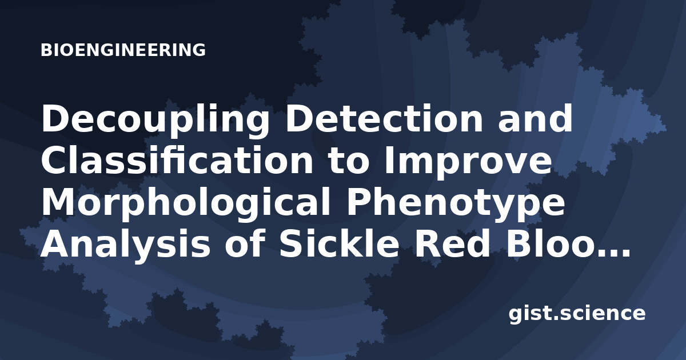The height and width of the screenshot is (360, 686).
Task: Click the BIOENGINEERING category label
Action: tap(123, 50)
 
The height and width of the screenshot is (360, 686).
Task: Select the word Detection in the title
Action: tap(384, 118)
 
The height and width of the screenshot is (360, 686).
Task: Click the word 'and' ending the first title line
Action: tap(535, 118)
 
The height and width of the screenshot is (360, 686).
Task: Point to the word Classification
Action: tap(177, 161)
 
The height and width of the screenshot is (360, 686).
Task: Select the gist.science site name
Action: tap(577, 314)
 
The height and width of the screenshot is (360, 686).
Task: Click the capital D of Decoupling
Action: tap(55, 118)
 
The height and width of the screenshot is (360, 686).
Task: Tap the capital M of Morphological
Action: tap(59, 203)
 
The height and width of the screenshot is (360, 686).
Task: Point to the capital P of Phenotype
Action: tap(358, 203)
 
